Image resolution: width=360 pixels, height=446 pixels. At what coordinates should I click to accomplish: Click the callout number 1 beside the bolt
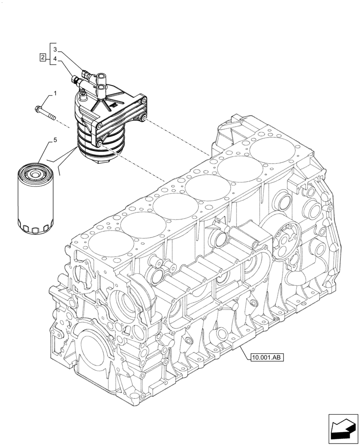click(55, 94)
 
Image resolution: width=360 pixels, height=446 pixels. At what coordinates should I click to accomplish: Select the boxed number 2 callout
click(42, 57)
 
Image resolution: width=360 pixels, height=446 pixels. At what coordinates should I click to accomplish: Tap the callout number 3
click(55, 49)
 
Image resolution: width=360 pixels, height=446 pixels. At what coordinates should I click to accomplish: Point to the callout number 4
click(55, 59)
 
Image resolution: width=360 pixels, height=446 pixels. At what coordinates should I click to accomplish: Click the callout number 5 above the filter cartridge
click(55, 140)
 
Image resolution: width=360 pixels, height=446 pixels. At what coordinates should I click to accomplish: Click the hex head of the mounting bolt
click(37, 107)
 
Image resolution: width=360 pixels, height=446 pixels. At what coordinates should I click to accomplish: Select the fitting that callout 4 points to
click(77, 80)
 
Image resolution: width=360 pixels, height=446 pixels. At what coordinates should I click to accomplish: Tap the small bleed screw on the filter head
click(82, 93)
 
